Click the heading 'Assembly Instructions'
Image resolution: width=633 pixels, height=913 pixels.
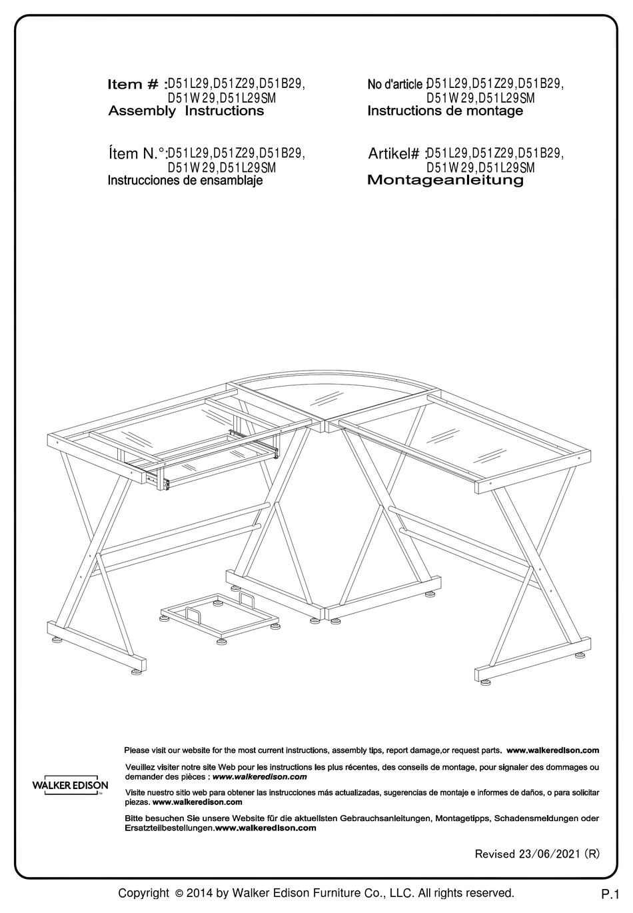click(x=186, y=111)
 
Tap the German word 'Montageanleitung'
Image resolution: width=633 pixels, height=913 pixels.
click(x=445, y=180)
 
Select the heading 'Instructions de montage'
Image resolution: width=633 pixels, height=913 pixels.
click(x=445, y=111)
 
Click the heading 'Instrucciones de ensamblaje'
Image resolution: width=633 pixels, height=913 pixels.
click(x=185, y=181)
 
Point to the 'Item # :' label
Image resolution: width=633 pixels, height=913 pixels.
click(x=137, y=85)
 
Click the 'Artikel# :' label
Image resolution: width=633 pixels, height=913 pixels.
click(x=396, y=154)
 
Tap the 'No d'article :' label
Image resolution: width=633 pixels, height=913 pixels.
click(x=396, y=85)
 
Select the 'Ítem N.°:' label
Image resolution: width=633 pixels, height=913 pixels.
click(x=137, y=154)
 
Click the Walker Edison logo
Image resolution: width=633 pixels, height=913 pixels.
click(x=70, y=785)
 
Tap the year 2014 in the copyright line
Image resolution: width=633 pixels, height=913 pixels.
click(x=201, y=893)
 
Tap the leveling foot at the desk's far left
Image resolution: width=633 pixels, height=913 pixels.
click(x=57, y=638)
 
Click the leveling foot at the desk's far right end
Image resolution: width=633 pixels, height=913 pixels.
click(x=484, y=681)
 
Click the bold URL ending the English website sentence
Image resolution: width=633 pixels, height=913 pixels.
click(x=552, y=750)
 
